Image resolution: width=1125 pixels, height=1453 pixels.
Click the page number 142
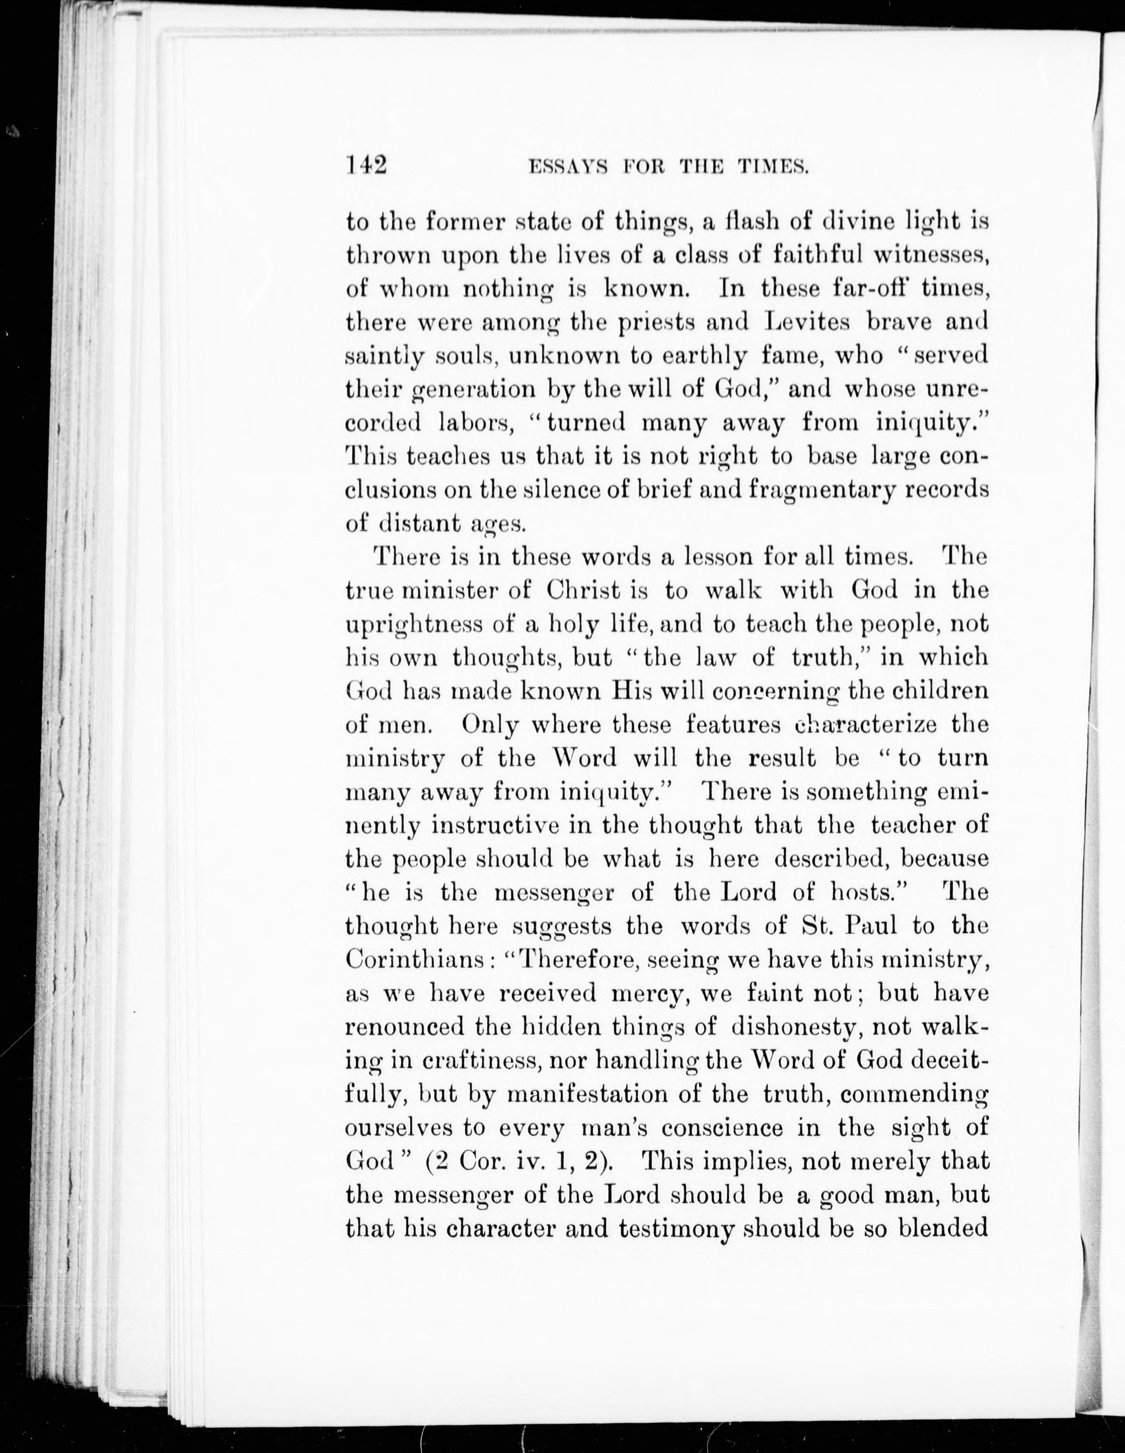point(366,164)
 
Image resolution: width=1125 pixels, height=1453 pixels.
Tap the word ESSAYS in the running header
point(567,167)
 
